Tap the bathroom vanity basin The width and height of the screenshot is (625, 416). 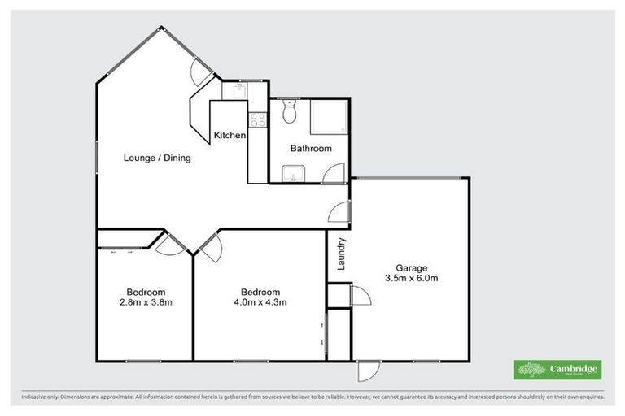click(291, 172)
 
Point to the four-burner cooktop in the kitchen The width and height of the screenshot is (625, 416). click(258, 120)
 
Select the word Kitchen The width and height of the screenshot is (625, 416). click(229, 135)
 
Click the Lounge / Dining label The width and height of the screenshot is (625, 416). click(157, 158)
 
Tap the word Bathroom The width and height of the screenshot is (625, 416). click(312, 149)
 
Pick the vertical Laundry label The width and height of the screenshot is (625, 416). click(342, 253)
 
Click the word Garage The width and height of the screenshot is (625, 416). click(411, 267)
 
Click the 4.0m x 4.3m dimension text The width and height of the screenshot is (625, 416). click(260, 302)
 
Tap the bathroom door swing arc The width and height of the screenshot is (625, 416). click(333, 173)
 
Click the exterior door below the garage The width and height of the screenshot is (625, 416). click(368, 370)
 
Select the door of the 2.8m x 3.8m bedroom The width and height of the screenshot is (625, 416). click(172, 245)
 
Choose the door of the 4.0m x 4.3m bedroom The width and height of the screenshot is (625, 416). click(209, 245)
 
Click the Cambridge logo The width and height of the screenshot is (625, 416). click(557, 369)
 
